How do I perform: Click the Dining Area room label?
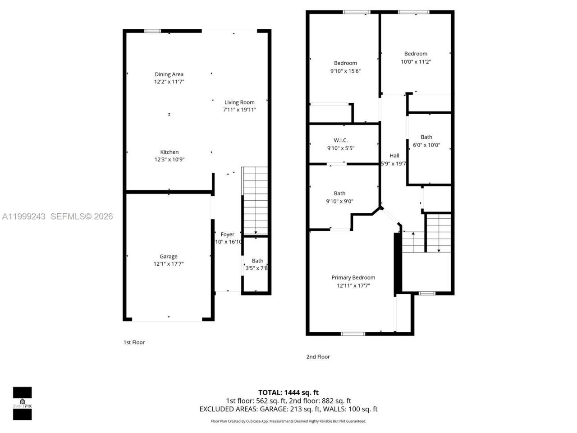[x=169, y=74]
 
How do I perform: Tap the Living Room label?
[x=239, y=102]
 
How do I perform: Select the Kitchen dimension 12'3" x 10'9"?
[x=169, y=159]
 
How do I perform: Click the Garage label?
[x=169, y=257]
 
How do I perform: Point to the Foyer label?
[x=227, y=235]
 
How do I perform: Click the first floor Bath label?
[x=257, y=261]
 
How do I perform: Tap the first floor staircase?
[x=255, y=200]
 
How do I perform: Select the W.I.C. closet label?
[x=340, y=140]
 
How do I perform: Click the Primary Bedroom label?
[x=353, y=277]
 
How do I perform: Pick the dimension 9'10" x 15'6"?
[x=345, y=71]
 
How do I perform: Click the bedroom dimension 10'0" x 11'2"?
[x=416, y=61]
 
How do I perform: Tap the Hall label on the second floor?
[x=394, y=156]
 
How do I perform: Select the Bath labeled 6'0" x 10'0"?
[x=426, y=137]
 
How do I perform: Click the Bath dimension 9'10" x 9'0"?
[x=339, y=201]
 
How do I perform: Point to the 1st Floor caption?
[x=134, y=342]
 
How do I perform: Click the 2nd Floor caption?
[x=318, y=357]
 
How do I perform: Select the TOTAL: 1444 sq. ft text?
[x=288, y=392]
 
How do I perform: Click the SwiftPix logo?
[x=22, y=403]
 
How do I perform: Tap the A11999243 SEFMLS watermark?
[x=57, y=216]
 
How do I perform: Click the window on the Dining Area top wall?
[x=152, y=31]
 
